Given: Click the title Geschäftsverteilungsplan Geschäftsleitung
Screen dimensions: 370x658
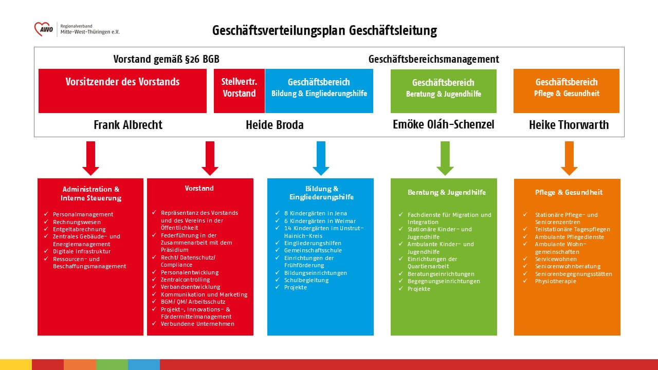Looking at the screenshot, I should (324, 31).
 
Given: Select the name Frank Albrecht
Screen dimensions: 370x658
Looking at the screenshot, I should (128, 125).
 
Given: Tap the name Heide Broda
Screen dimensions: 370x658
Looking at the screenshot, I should (275, 125).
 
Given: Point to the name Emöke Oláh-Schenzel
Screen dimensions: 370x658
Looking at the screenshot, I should (443, 125).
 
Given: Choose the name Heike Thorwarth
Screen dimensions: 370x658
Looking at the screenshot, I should (569, 125).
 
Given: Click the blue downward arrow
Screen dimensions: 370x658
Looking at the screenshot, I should (320, 158).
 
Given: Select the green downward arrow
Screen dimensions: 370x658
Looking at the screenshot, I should (445, 158).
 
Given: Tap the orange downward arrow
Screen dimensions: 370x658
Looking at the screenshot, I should (569, 158).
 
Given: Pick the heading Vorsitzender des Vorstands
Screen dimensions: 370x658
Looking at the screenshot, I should (122, 82).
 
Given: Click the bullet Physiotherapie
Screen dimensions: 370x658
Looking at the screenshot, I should (556, 281).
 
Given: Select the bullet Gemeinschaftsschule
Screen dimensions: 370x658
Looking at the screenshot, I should (313, 250).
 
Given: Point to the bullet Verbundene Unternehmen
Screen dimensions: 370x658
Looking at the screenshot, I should (197, 324).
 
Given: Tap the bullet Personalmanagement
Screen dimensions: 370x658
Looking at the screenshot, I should (83, 214).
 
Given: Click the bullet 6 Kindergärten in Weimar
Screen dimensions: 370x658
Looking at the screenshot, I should (315, 220).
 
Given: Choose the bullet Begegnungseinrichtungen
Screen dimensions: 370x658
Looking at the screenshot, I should (444, 281).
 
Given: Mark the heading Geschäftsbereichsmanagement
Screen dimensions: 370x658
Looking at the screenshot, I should (433, 59).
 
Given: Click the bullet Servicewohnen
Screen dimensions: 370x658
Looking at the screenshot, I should (556, 259).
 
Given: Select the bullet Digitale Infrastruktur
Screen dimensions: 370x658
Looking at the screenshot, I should (82, 251).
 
